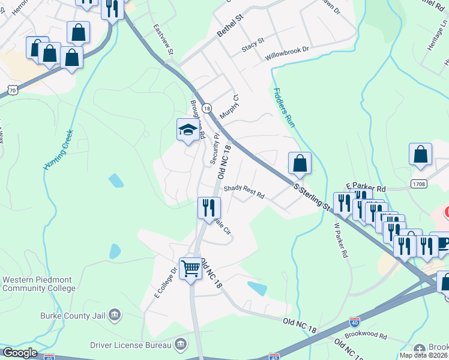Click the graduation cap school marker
tap(188, 130)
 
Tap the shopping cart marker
tap(191, 268)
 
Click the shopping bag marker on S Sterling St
tap(300, 163)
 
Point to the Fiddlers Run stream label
tap(285, 108)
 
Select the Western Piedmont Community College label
tap(39, 284)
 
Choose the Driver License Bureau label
tap(130, 344)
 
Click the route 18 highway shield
tap(206, 108)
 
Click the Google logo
tap(20, 353)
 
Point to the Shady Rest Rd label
tap(244, 191)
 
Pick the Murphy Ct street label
tap(229, 106)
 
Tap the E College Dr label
tap(166, 283)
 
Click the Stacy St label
tap(253, 44)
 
